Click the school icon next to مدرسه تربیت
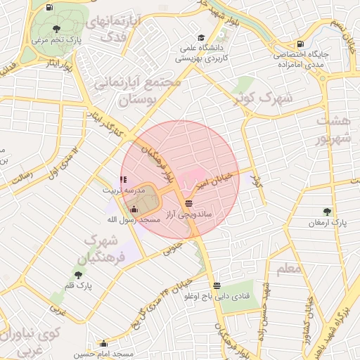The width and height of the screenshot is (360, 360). (124, 180)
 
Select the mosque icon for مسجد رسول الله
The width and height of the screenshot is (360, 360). (134, 209)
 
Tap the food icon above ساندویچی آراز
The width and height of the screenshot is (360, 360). (188, 202)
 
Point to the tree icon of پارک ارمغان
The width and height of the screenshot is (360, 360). (328, 212)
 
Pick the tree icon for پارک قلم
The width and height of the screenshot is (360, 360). (78, 275)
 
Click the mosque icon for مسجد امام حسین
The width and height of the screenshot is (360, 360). (104, 344)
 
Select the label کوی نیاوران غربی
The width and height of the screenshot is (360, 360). (32, 339)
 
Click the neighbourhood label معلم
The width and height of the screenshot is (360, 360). (288, 268)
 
